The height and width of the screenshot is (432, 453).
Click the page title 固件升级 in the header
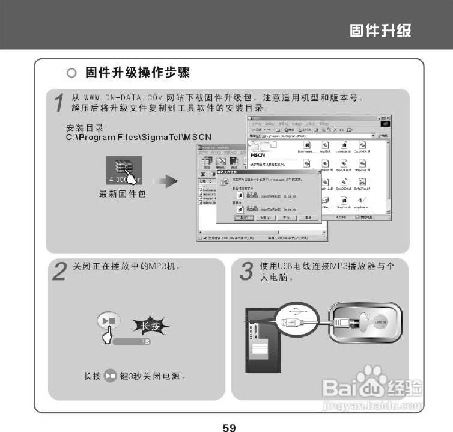tap(381, 30)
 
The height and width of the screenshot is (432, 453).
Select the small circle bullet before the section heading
tap(71, 74)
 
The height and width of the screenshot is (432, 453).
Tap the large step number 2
tap(58, 272)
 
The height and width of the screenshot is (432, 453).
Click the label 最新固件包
tap(123, 194)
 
